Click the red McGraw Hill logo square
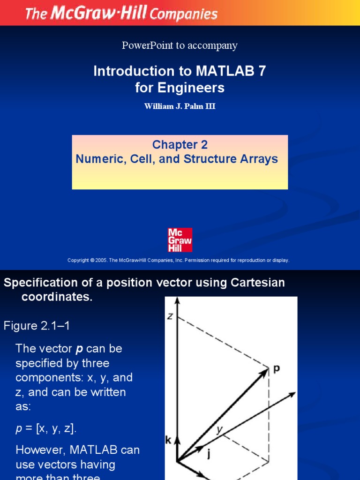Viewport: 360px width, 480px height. (x=180, y=240)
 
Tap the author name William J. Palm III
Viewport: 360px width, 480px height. (x=180, y=106)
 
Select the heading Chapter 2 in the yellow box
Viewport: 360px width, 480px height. (x=180, y=144)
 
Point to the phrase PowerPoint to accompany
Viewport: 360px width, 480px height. (x=180, y=45)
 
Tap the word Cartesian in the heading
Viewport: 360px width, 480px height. (x=257, y=283)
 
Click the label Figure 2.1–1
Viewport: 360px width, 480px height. (x=37, y=325)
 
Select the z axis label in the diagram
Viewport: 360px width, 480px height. (x=170, y=317)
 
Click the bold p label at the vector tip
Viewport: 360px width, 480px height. (x=277, y=369)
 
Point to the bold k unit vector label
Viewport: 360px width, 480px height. (x=168, y=440)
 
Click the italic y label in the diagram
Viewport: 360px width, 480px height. (x=218, y=429)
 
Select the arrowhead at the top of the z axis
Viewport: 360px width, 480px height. (x=177, y=300)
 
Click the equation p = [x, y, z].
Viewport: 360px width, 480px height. (x=46, y=428)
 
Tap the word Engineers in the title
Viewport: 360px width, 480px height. (x=194, y=88)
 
